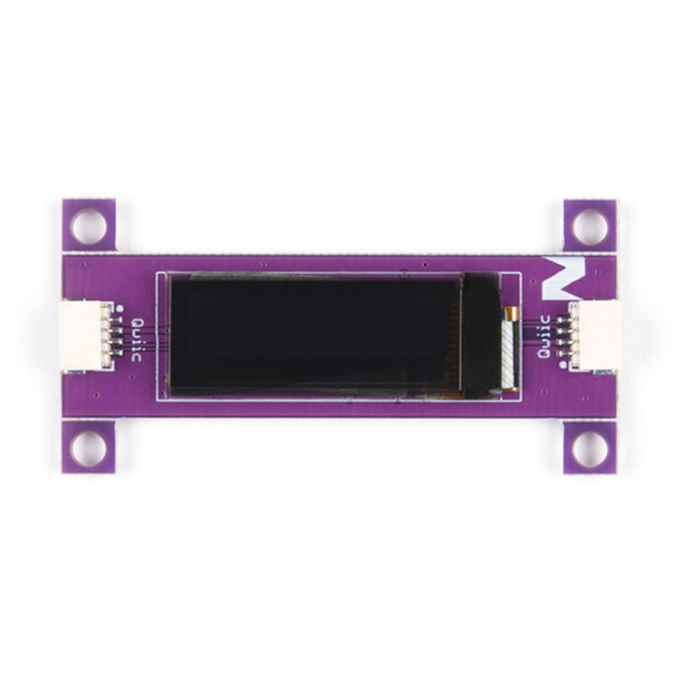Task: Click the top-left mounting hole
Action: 89,226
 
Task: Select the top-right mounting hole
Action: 589,226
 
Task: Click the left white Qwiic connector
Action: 84,336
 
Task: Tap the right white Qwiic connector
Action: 596,336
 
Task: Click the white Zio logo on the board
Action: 560,278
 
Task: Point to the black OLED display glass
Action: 312,335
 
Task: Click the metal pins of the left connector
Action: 116,336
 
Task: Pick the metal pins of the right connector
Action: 564,336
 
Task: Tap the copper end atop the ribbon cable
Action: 508,313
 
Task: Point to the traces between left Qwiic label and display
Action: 156,339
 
